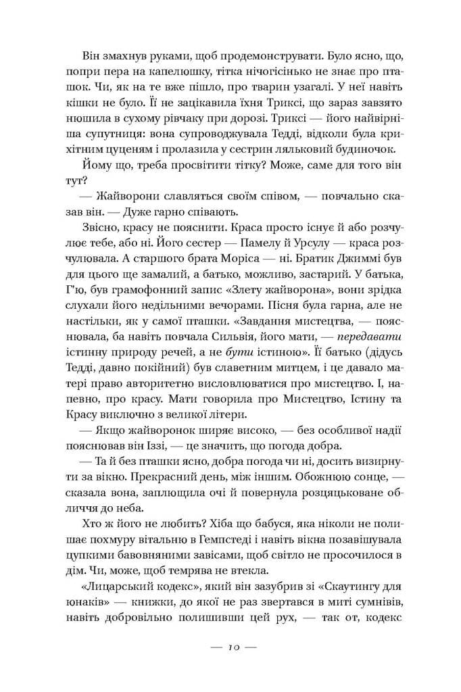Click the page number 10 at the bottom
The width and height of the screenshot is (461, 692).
pos(230,647)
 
